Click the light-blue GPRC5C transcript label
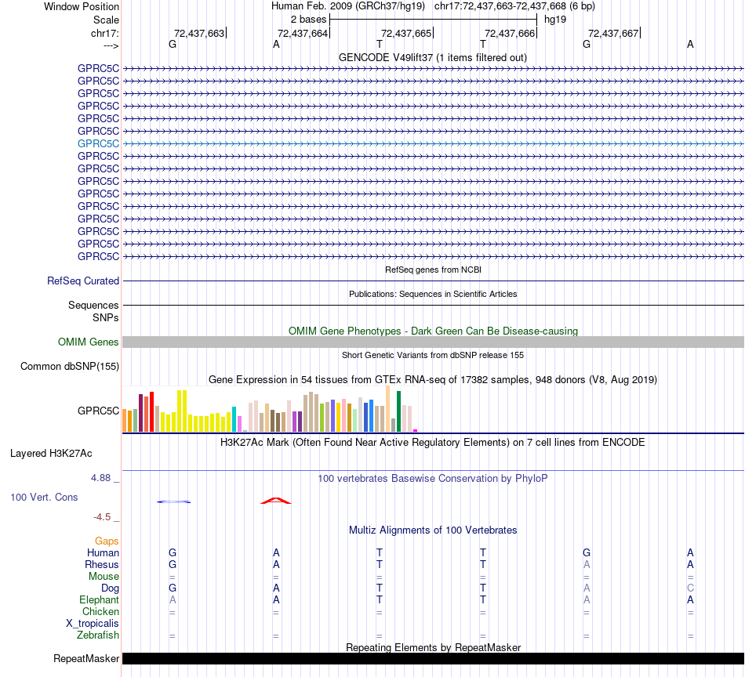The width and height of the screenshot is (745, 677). coord(98,143)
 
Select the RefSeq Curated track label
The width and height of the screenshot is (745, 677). coord(83,281)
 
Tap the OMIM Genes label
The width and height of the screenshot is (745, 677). coord(89,342)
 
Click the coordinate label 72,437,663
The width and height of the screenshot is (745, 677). coord(199,33)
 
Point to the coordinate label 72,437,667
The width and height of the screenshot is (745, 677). coord(613,33)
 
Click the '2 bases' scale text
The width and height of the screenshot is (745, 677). coord(308,18)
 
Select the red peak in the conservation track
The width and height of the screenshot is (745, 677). coord(275,500)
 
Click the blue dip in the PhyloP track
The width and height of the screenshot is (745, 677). coord(173,501)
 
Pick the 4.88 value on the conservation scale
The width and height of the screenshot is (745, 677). coord(105,477)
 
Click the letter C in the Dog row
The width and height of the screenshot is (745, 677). coord(690,588)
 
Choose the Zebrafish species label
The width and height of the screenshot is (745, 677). coord(98,635)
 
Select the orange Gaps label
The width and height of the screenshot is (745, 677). coord(107,541)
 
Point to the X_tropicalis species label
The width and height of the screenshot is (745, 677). coord(93,623)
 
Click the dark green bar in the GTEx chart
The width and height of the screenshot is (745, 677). coord(398,411)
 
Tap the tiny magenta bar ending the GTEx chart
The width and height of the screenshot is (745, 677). coord(416,430)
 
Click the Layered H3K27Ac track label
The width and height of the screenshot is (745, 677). coord(51,453)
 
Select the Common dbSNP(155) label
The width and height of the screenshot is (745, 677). coord(70,366)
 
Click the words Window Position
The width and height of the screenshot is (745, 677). coord(82,6)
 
